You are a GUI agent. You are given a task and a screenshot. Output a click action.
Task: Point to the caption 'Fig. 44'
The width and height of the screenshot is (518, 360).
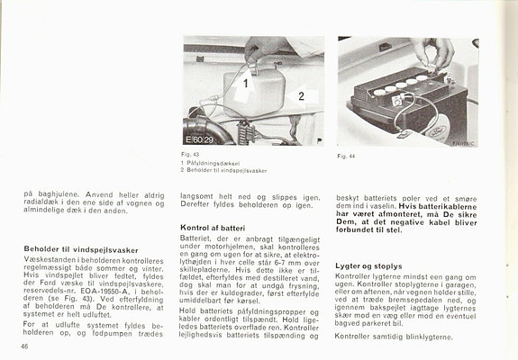point(348,156)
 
